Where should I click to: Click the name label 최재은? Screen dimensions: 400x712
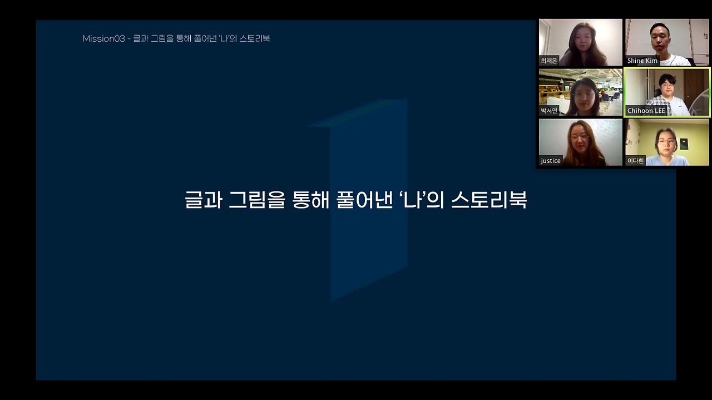pos(548,61)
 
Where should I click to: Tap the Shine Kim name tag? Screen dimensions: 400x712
pos(642,61)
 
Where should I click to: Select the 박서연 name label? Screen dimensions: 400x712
pos(548,111)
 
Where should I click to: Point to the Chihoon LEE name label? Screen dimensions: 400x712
pos(646,111)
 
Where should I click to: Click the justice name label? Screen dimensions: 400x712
pos(551,161)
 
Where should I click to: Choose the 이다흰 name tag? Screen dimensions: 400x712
pos(635,161)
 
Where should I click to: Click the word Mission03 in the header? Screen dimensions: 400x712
pos(103,38)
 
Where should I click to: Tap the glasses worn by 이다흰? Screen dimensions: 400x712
pos(666,141)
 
